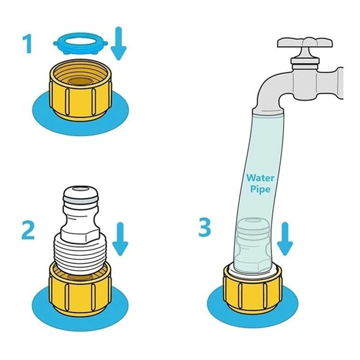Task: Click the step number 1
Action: (x=28, y=43)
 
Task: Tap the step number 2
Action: (x=28, y=230)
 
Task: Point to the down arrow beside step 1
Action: (x=118, y=43)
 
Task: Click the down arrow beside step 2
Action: (x=120, y=239)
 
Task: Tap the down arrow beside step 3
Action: (x=285, y=239)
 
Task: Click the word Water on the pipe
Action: (x=260, y=178)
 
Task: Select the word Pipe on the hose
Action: (x=260, y=189)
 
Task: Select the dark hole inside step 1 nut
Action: (x=81, y=81)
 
